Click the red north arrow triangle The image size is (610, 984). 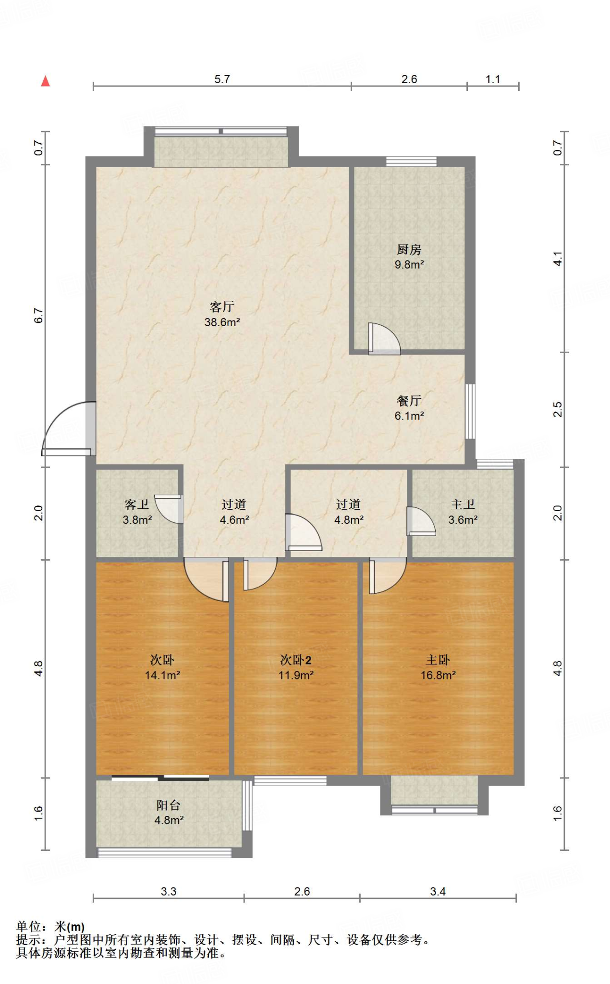point(46,81)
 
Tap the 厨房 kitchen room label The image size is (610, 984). point(409,249)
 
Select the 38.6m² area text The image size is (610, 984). point(222,322)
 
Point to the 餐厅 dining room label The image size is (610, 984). point(409,400)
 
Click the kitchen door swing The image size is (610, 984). point(384,339)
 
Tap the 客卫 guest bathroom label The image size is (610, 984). point(137,504)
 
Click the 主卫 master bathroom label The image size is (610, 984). point(463,504)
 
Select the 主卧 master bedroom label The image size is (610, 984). point(438,660)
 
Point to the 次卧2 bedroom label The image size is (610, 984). point(296,660)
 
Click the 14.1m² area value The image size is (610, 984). point(162,675)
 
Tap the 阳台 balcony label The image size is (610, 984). point(168,805)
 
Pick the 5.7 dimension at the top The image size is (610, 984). point(222,79)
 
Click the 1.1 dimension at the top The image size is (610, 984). point(493,79)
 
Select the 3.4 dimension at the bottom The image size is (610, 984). point(438,891)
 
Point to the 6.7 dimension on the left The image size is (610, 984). point(38,316)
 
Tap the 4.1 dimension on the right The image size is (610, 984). point(557,258)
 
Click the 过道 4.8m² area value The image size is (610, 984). point(349,519)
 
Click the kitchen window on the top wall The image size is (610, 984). point(411,161)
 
